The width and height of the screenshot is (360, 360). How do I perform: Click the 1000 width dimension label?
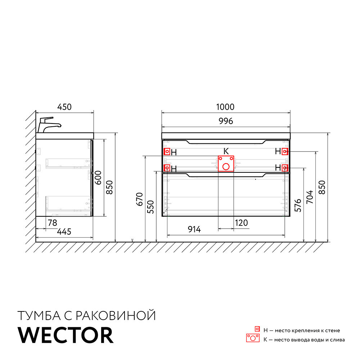pos(226,107)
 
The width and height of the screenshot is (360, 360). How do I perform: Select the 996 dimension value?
pos(226,121)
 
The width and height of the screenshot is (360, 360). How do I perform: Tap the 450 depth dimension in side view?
pos(65,107)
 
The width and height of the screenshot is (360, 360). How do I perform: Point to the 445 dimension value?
pos(64,232)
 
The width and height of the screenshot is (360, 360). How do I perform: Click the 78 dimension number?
pos(53,223)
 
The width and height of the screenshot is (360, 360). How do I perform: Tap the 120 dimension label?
pos(241,223)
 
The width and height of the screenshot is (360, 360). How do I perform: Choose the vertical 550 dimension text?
pos(151,207)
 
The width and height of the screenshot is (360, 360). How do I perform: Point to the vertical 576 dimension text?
pos(298,205)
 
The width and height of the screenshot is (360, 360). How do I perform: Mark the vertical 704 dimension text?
pos(309,197)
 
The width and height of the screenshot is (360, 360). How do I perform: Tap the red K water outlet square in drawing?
pos(226,163)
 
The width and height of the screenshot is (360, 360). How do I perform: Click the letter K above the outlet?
pos(226,151)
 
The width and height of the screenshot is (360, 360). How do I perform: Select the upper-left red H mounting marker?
pos(167,152)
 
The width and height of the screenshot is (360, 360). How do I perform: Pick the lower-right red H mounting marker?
pos(285,167)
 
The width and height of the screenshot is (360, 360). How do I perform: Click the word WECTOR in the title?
pos(66,335)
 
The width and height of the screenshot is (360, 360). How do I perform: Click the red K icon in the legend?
pos(253,338)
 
